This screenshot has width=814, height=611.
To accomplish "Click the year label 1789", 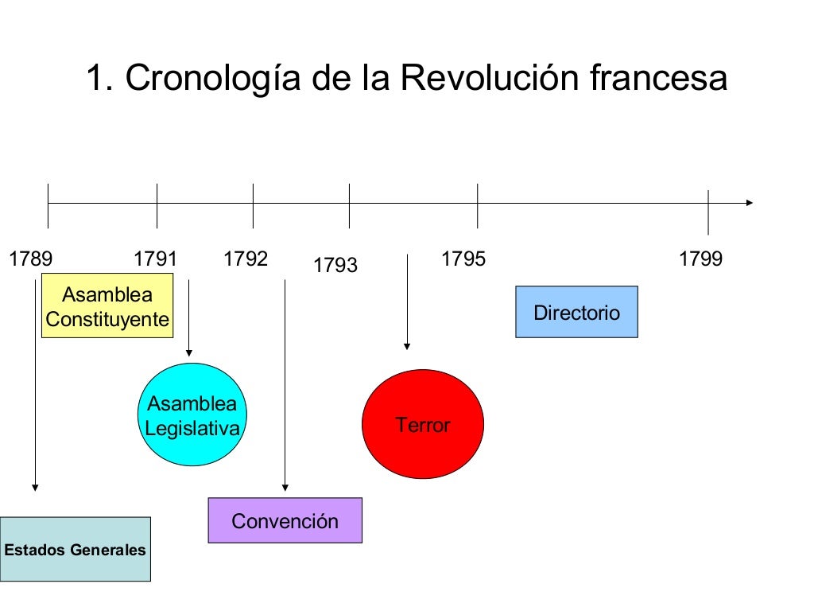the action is tap(30, 259).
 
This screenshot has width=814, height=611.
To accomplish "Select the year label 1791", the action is tap(155, 259).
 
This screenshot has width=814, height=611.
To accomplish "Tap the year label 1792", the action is tap(246, 259).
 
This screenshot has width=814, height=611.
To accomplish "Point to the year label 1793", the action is tap(335, 266).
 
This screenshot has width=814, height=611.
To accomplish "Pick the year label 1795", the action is tap(463, 259).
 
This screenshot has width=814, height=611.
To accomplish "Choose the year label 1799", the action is tap(700, 259).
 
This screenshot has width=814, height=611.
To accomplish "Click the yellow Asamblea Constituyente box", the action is tap(107, 306).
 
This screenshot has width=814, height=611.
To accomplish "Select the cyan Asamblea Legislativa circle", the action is tap(192, 414).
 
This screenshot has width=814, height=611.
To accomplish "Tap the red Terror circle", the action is tap(423, 425).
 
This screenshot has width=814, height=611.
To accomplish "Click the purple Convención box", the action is tap(285, 521).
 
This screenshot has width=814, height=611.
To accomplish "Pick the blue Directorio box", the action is tap(576, 313).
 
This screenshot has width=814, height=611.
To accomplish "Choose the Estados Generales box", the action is tap(75, 550).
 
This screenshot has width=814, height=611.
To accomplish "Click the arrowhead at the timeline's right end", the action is tap(748, 203).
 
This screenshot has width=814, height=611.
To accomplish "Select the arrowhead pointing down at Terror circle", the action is tap(407, 345).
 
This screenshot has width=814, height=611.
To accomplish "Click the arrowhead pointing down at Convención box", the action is tap(285, 488).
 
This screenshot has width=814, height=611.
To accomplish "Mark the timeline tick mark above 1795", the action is tap(478, 205).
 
